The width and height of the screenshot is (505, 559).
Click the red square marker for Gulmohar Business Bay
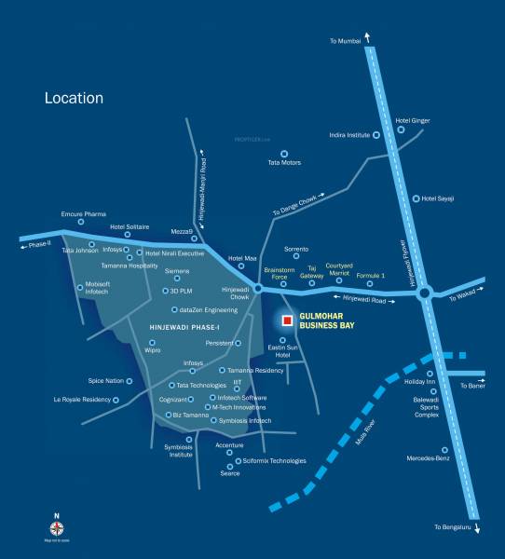pyautogui.click(x=288, y=320)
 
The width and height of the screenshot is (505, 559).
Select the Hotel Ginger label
pyautogui.click(x=413, y=120)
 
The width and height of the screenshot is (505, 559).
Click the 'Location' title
pyautogui.click(x=74, y=98)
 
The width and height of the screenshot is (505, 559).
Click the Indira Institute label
pyautogui.click(x=349, y=135)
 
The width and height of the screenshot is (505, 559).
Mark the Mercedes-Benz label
pyautogui.click(x=429, y=457)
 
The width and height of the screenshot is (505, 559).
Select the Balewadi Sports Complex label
pyautogui.click(x=427, y=407)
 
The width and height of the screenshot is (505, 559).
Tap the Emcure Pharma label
pyautogui.click(x=84, y=214)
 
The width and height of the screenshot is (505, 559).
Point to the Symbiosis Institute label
pyautogui.click(x=179, y=450)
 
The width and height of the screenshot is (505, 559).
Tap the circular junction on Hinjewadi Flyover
pyautogui.click(x=424, y=293)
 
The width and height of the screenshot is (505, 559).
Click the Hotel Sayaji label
pyautogui.click(x=438, y=198)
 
